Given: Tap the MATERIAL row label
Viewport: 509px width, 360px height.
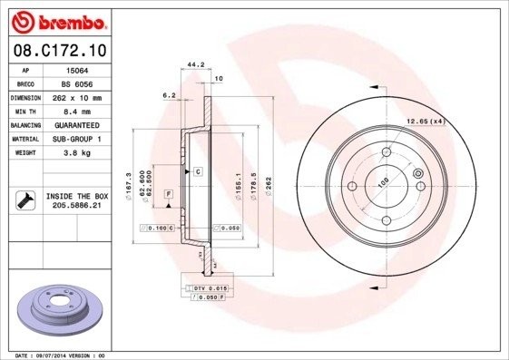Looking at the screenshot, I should click(x=24, y=139).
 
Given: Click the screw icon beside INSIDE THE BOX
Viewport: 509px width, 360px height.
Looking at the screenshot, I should click(x=24, y=200).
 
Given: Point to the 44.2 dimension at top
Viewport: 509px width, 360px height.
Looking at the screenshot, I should click(x=192, y=64).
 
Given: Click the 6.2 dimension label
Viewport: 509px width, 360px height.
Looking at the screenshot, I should click(x=168, y=94).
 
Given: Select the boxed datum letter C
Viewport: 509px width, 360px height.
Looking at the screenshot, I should click(x=196, y=171).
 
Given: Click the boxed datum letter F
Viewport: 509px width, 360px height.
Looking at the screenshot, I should click(x=168, y=195).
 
